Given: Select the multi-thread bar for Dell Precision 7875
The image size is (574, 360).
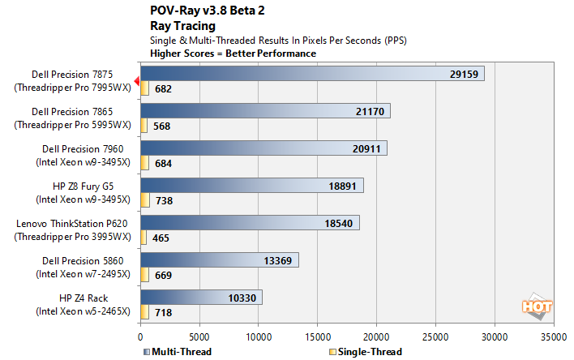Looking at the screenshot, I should [x=312, y=74].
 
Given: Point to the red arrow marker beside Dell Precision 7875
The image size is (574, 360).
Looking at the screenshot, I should [x=137, y=80].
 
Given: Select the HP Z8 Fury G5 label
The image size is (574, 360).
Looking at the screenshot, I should [x=82, y=186].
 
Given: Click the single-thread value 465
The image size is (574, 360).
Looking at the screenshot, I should [x=161, y=238].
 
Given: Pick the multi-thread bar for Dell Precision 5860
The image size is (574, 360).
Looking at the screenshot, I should [x=219, y=259].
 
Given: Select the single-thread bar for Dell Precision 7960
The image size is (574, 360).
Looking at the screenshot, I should [x=144, y=163].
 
